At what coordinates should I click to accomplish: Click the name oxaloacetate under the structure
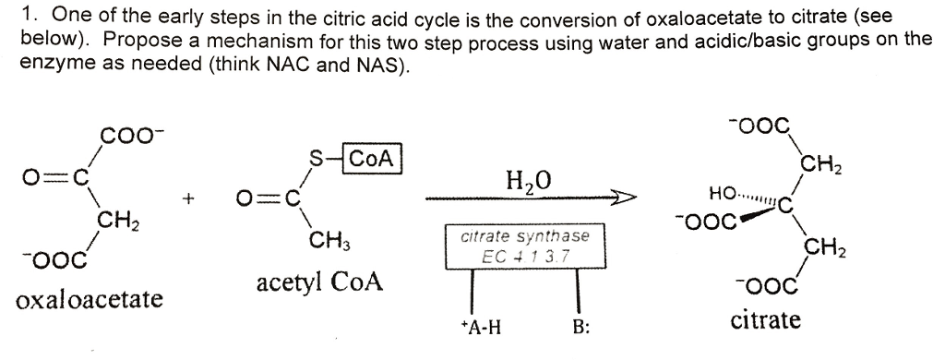coord(90,301)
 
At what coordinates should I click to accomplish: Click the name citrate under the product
coord(766,320)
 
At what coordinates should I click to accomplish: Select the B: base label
coord(580,327)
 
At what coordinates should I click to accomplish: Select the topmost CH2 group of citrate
coord(819,167)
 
